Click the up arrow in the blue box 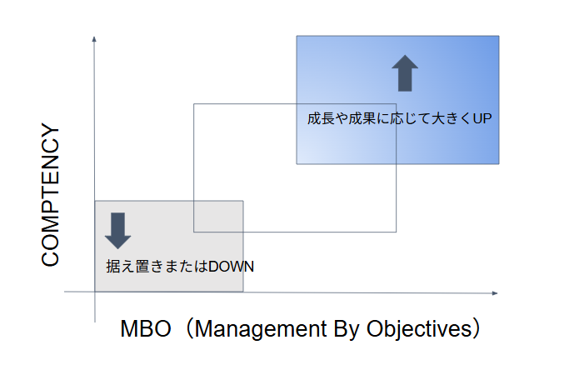tap(405, 72)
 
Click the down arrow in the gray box tap(117, 230)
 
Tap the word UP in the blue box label tap(482, 118)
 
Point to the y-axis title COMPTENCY tap(51, 195)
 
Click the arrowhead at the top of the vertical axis tap(95, 39)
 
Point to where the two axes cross tap(95, 292)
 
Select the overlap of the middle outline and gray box tap(218, 216)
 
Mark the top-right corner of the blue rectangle tap(499, 36)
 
